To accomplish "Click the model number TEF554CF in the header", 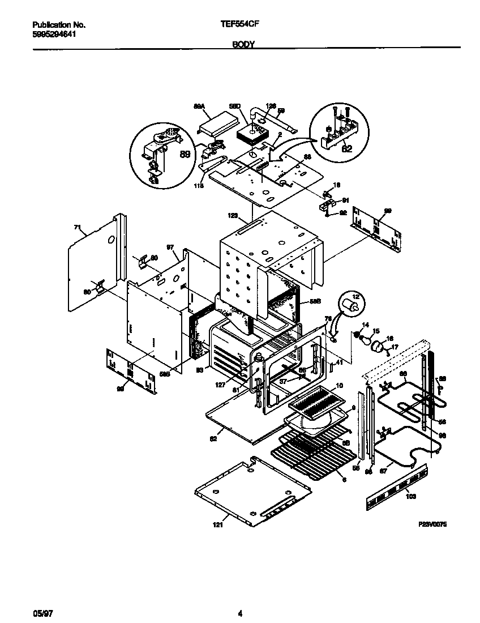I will point(240,25).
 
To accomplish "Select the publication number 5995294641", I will point(54,34).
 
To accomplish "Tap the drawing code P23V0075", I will point(432,525).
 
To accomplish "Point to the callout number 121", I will point(218,526).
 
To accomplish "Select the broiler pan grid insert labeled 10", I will point(317,403).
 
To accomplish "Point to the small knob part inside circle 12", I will point(354,306).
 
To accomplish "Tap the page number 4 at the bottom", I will point(240,614).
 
